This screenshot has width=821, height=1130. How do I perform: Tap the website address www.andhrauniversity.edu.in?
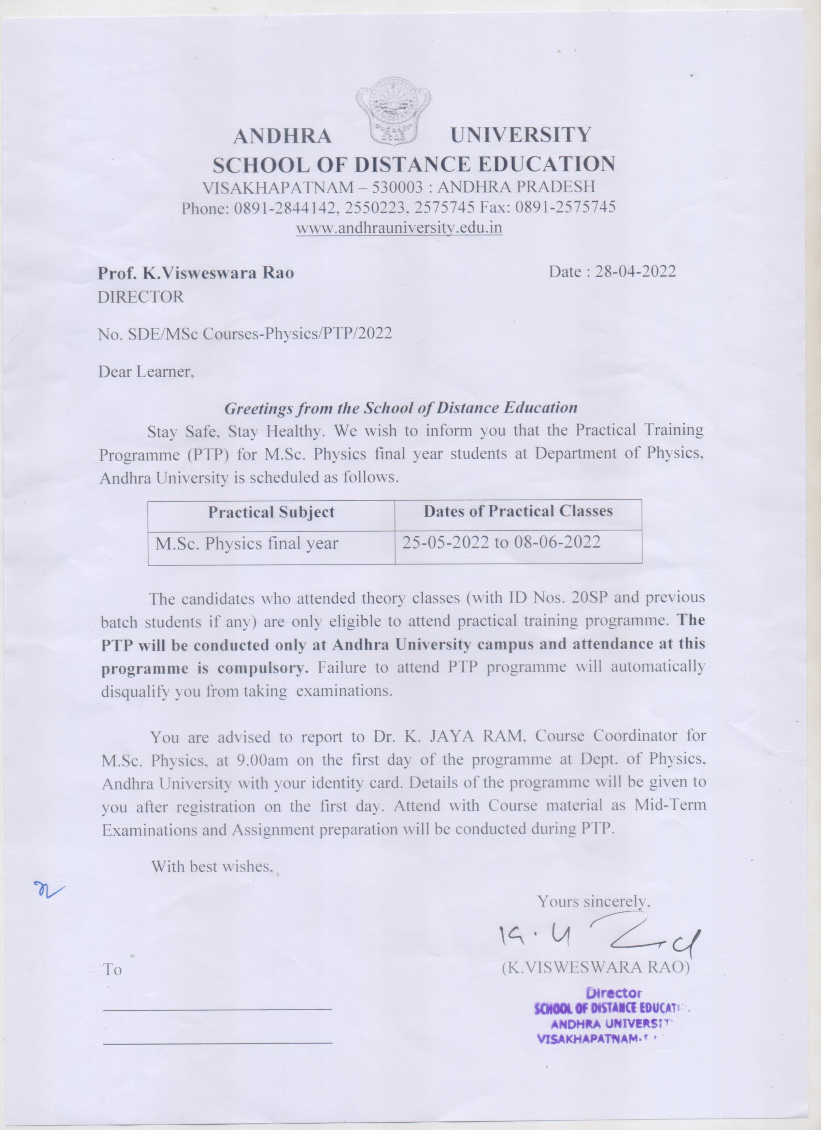(399, 228)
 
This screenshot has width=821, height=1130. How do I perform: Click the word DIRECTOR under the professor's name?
(141, 297)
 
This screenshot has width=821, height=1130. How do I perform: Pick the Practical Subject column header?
(271, 512)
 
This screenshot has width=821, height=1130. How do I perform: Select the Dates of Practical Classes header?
(518, 511)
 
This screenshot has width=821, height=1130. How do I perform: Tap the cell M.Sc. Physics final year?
(247, 543)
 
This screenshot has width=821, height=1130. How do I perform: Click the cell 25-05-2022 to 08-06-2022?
(502, 542)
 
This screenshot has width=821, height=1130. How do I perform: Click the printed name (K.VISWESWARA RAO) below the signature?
(595, 967)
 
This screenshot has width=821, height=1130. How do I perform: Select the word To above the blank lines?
(112, 970)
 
